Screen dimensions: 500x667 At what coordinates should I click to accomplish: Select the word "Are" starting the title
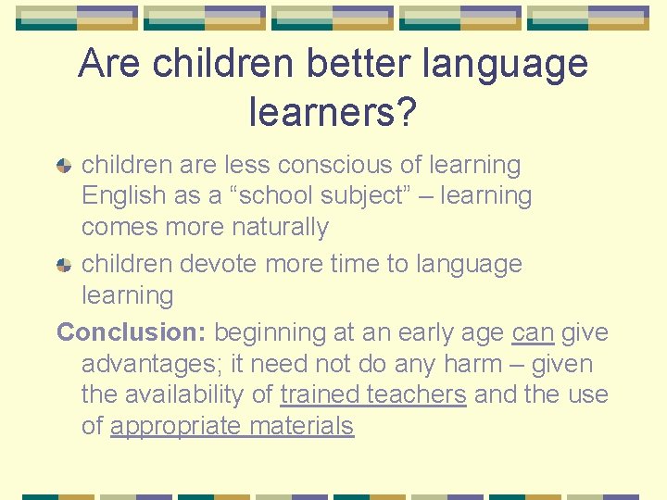pos(110,64)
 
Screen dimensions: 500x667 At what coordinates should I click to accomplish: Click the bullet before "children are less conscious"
pos(64,167)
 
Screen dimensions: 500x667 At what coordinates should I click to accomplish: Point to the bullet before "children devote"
pos(64,265)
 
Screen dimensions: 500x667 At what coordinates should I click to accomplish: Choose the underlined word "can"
pos(533,331)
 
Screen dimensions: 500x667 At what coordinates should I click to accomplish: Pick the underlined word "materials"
pos(303,426)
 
